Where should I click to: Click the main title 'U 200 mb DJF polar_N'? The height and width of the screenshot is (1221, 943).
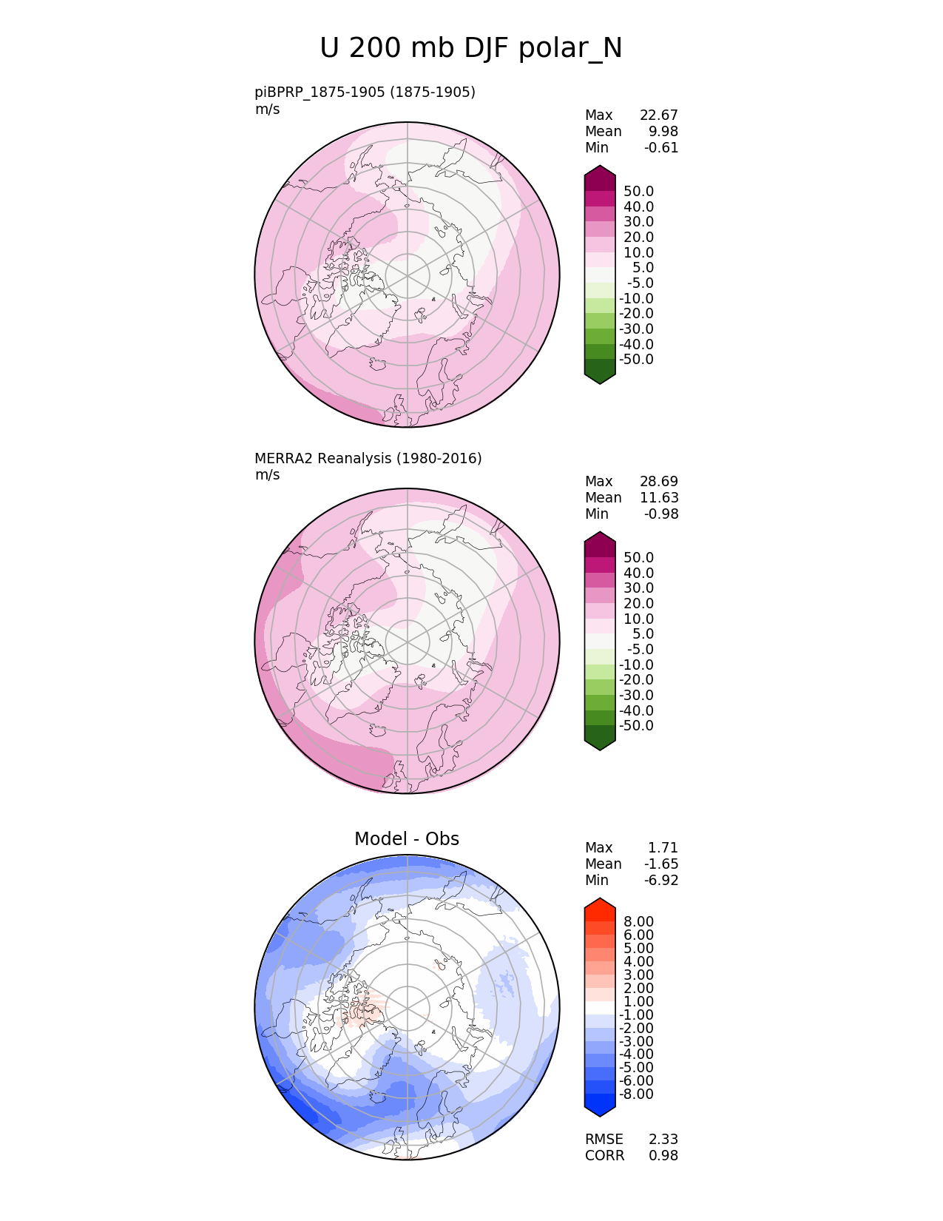coord(470,49)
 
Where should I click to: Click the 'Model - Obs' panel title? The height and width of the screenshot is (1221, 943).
coord(407,839)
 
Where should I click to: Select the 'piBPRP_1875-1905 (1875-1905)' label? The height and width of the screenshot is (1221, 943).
coord(365,92)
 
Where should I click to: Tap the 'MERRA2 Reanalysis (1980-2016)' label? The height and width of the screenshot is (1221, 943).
coord(368,459)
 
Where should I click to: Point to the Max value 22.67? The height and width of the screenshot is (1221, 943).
coord(658,115)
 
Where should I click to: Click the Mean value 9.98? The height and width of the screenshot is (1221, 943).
coord(663,132)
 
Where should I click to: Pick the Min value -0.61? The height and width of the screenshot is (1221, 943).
coord(661,148)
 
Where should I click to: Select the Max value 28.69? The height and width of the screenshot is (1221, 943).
coord(658,482)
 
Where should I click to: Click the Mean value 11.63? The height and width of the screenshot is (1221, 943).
coord(658,498)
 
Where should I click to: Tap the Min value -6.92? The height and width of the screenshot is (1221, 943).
coord(661,881)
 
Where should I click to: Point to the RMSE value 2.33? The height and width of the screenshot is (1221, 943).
coord(663,1140)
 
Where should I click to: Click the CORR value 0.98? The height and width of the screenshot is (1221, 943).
coord(663,1156)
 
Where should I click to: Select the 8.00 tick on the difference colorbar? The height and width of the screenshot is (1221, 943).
coord(638,922)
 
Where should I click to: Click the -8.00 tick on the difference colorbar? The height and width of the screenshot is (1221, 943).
coord(636,1094)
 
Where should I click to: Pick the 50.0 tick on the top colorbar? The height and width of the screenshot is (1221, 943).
coord(638,192)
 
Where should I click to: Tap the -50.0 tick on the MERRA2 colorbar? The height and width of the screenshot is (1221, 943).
coord(636,726)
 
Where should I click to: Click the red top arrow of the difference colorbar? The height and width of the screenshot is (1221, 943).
coord(600,905)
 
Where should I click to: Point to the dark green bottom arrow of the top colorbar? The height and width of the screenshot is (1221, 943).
coord(600,376)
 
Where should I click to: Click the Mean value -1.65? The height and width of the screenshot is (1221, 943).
coord(661,864)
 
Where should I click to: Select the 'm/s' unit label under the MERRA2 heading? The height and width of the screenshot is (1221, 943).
coord(268,475)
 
